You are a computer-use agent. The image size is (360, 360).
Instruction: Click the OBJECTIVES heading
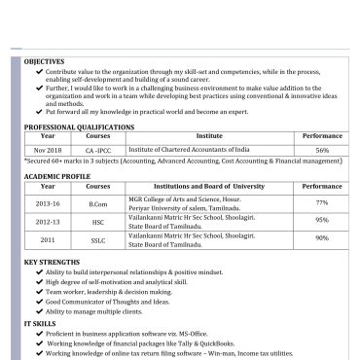tap(44, 61)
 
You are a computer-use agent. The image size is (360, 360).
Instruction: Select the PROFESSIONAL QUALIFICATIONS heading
tap(79, 127)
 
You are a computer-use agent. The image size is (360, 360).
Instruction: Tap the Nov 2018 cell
tap(48, 151)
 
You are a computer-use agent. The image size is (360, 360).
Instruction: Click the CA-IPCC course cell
tap(98, 151)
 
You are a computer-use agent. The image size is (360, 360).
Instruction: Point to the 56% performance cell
tap(322, 151)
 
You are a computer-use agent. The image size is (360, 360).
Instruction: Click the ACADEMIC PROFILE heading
tap(58, 176)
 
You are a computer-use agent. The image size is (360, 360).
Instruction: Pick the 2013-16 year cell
tap(48, 203)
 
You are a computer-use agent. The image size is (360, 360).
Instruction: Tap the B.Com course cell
tap(98, 203)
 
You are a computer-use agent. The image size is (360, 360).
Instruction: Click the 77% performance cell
tap(322, 202)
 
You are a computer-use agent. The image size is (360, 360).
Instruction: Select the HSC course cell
tap(98, 221)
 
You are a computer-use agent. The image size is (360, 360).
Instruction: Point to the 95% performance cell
tap(322, 221)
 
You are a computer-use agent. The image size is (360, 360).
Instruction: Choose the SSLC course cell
tap(98, 238)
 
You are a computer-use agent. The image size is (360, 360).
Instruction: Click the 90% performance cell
tap(322, 238)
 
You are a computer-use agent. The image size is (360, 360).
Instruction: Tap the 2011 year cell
tap(48, 238)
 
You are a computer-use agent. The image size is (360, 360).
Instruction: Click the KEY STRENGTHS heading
tap(52, 263)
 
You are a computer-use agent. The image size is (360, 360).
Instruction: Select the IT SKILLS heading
tap(41, 322)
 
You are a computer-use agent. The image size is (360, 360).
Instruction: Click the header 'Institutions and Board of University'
tap(208, 186)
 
